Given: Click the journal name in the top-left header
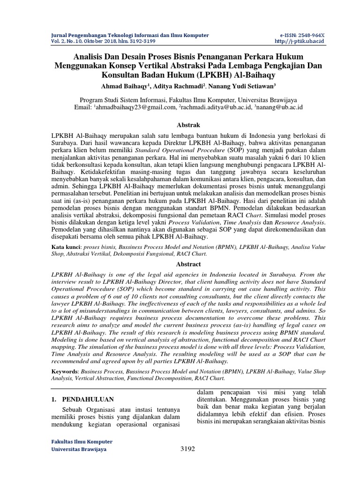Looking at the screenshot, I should (x=129, y=36).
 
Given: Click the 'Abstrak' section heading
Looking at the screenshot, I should (x=187, y=125).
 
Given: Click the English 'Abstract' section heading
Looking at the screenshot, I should (x=187, y=264).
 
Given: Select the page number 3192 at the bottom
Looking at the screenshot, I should (x=187, y=449).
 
